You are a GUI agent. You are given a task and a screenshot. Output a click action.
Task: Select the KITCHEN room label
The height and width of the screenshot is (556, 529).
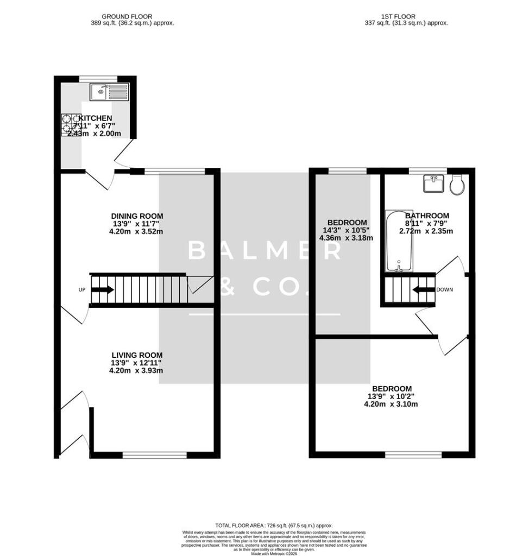coord(96,118)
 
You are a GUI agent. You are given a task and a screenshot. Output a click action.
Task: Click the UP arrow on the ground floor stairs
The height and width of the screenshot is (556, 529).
coord(103,290)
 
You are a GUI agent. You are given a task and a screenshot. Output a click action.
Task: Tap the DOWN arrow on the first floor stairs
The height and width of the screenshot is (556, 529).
coord(424,289)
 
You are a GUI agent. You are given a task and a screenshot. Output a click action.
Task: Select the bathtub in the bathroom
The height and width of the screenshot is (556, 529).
coord(399,241)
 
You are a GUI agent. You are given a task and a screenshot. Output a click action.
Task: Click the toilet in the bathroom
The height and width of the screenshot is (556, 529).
coord(457,185)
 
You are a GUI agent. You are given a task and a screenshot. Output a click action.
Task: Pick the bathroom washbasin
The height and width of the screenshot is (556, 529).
coord(433,184)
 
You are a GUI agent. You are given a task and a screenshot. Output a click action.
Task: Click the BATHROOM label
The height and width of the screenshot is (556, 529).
coord(426,216)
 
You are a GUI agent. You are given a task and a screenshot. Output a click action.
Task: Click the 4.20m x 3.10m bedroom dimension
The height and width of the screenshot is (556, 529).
coord(391,404)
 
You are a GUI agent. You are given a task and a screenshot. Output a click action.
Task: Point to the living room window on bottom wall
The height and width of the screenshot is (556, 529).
coord(154,455)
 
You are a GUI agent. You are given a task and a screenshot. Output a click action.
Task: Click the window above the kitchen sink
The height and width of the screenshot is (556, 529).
coord(98,79)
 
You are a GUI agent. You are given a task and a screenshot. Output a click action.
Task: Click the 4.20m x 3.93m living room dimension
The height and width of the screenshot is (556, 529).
coord(136,371)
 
